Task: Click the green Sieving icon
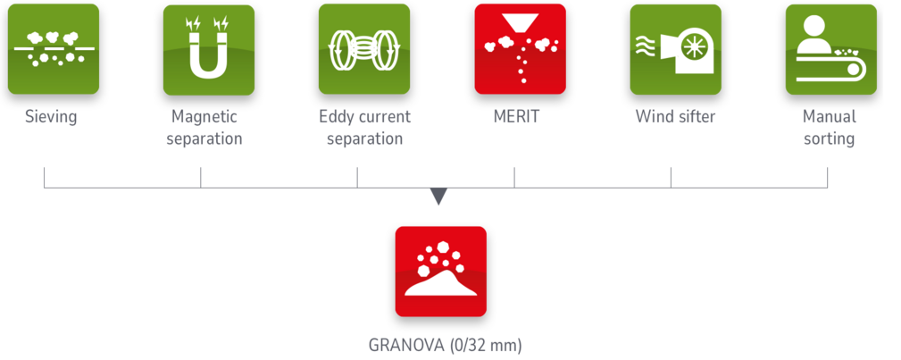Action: point(53,49)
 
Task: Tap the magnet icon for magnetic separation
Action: point(208,49)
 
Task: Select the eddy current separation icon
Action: point(363,49)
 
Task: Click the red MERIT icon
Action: point(520,49)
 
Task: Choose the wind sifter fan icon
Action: point(675,49)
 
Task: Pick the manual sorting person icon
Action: point(830,49)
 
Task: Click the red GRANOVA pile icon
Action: point(440,272)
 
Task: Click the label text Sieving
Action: point(51,117)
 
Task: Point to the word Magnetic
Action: point(204,117)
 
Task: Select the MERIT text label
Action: point(515,117)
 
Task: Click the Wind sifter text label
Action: point(675,117)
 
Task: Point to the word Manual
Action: point(829,117)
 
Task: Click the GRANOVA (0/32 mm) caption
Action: point(445,345)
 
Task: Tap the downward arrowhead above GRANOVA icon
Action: point(438,197)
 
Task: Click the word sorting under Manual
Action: point(829,139)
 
